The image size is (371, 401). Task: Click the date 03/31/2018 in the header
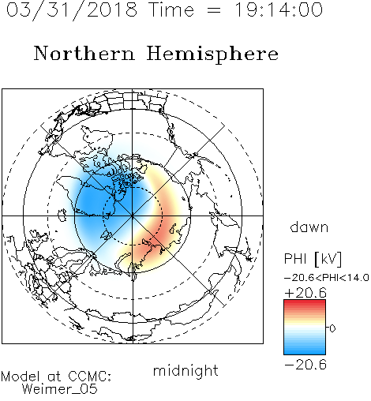tap(72, 9)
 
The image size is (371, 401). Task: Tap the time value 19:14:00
tap(278, 9)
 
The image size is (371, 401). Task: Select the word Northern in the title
tap(84, 54)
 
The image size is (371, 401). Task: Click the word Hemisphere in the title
tap(212, 54)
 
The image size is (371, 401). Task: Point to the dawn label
tap(309, 227)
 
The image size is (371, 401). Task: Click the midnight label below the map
tap(185, 372)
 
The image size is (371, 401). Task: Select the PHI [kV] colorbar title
tap(313, 259)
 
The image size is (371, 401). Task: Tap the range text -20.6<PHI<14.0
tap(327, 278)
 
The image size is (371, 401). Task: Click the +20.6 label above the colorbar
tap(305, 293)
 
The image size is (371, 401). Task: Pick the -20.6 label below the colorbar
tap(305, 365)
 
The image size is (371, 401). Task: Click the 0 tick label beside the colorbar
tap(332, 328)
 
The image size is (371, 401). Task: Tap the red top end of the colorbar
tap(305, 302)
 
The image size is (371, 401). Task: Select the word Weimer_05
tap(60, 389)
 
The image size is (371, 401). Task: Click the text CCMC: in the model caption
tap(89, 377)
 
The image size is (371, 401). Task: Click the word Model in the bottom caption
tap(21, 377)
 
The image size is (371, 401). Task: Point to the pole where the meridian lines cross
tap(133, 216)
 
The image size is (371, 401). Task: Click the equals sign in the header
tap(214, 10)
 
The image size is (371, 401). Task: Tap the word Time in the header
tap(171, 9)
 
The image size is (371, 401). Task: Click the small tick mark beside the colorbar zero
tap(328, 328)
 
